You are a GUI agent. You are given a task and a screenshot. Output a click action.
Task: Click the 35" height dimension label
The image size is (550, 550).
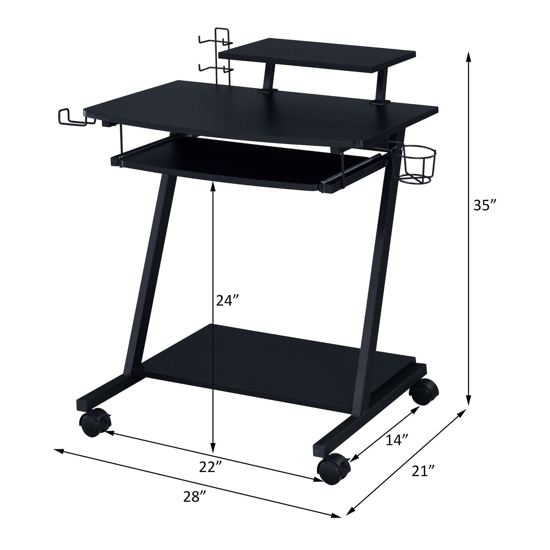pos(485,205)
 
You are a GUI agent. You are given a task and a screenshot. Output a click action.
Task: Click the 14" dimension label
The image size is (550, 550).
pos(397,448)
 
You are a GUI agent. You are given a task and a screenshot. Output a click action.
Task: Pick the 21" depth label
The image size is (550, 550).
pos(423,471)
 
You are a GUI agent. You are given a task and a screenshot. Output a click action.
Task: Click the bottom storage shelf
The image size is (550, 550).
pos(273,359)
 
